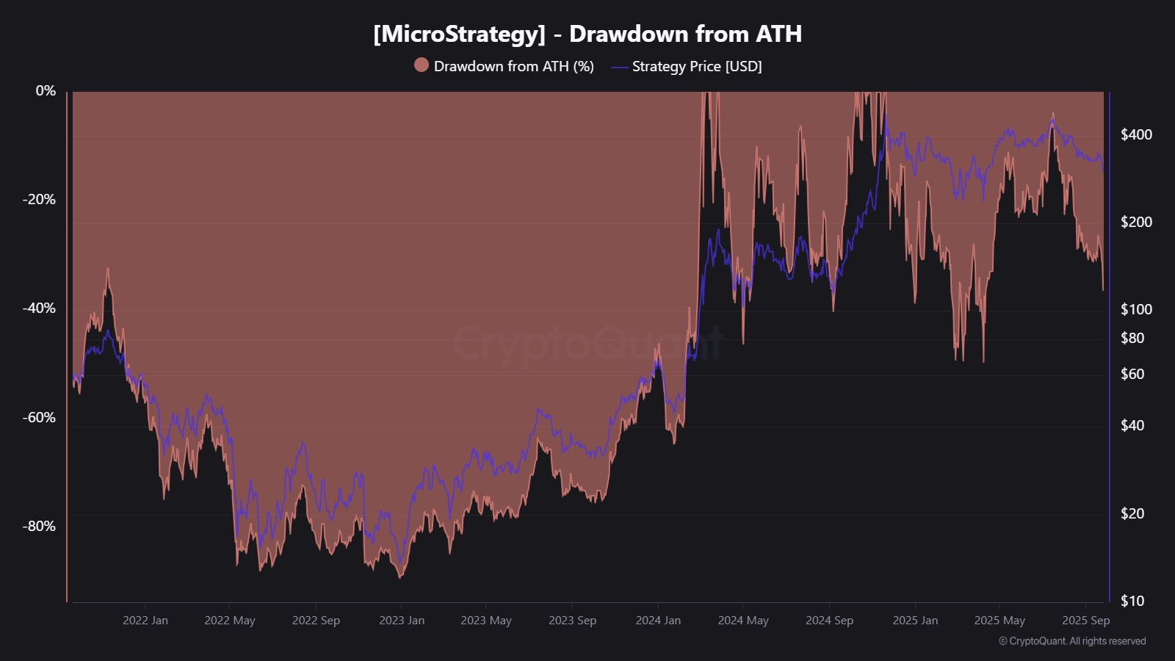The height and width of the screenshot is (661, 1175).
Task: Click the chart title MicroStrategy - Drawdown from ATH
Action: point(587,34)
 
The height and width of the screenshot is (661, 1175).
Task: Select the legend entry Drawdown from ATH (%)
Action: point(513,66)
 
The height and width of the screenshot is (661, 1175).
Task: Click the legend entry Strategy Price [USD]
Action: point(696,66)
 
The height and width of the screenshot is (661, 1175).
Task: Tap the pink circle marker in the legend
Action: point(421,65)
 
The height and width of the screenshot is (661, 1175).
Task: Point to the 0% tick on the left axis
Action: point(46,90)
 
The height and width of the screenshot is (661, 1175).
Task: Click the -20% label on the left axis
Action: point(39,199)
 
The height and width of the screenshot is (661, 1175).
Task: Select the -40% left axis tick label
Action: point(39,308)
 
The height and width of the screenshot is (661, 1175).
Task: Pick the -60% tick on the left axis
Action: point(39,417)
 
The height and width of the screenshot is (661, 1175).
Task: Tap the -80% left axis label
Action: point(39,526)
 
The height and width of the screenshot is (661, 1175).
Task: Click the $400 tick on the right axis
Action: point(1136,134)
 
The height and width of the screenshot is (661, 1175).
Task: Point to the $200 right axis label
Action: point(1136,222)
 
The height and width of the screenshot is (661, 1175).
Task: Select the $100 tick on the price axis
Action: point(1136,309)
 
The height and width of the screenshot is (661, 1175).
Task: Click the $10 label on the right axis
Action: point(1132,601)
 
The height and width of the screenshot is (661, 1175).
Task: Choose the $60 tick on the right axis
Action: point(1132,374)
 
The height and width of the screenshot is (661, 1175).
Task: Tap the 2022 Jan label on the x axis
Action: point(145,620)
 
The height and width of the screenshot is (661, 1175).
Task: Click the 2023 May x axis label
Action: point(486,620)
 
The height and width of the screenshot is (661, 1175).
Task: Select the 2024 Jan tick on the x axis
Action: point(658,620)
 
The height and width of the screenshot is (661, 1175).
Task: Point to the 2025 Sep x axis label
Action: point(1085,620)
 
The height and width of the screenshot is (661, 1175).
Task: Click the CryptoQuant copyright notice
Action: point(1072,641)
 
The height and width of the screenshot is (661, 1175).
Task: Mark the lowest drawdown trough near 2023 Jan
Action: point(400,577)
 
